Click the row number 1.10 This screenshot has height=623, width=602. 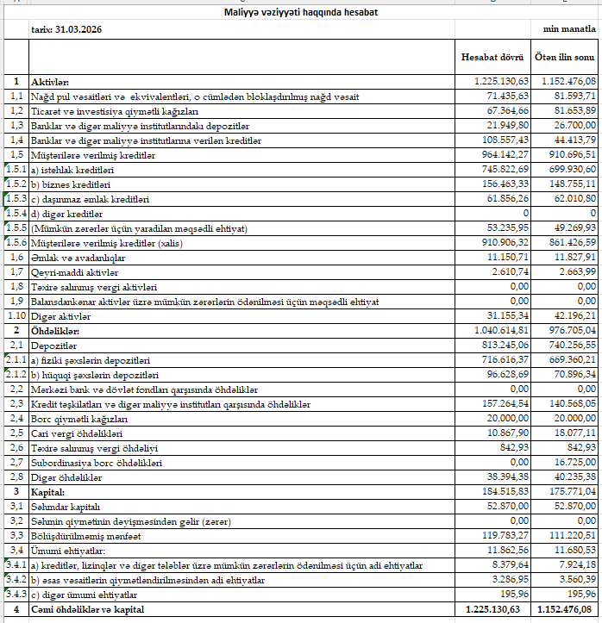pos(15,316)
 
